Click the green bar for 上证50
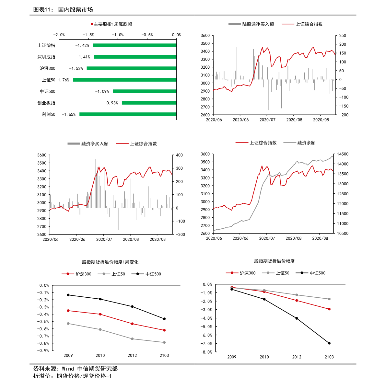coord(125,80)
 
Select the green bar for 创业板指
coord(149,103)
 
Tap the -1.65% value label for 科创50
coord(69,114)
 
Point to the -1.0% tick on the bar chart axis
coord(118,35)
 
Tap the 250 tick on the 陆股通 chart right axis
coord(343,36)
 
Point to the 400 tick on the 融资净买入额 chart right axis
coord(179,155)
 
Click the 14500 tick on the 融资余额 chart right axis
coord(343,154)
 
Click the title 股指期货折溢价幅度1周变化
coord(110,262)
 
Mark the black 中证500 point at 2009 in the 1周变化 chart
coord(68,295)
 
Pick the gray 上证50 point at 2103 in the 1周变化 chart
coord(164,342)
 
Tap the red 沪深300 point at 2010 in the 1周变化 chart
coord(100,314)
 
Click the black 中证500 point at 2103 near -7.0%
coord(329,343)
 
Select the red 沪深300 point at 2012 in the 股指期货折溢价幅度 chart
coord(297,301)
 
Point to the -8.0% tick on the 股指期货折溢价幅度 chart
coord(207,352)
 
